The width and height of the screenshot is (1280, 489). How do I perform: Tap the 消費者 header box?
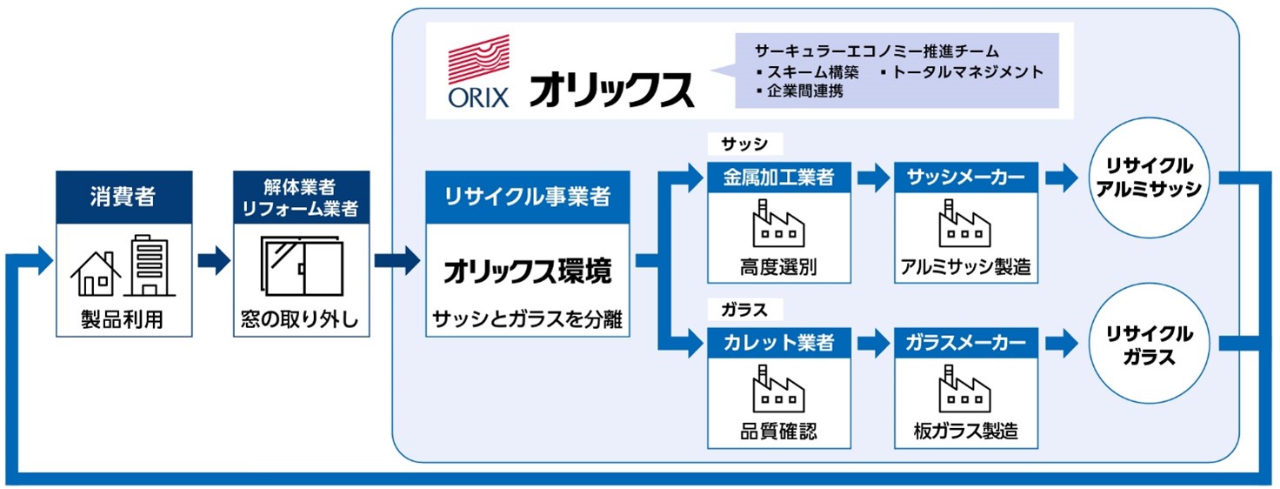tap(123, 197)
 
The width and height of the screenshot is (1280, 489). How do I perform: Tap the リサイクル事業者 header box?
tap(527, 197)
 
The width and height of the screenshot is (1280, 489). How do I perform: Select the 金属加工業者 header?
tap(778, 178)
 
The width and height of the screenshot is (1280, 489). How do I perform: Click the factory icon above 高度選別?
tap(778, 224)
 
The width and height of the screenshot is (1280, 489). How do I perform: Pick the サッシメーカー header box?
tap(965, 178)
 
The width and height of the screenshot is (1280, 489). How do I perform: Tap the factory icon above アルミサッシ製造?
tap(965, 224)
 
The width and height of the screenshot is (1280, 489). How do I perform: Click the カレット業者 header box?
tap(778, 343)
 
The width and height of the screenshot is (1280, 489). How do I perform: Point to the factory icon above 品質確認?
tap(778, 389)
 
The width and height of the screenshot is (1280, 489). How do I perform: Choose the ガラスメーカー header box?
tap(965, 343)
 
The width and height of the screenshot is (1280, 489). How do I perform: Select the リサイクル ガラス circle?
tap(1149, 345)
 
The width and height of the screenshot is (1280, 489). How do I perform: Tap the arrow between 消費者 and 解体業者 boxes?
tap(213, 260)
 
